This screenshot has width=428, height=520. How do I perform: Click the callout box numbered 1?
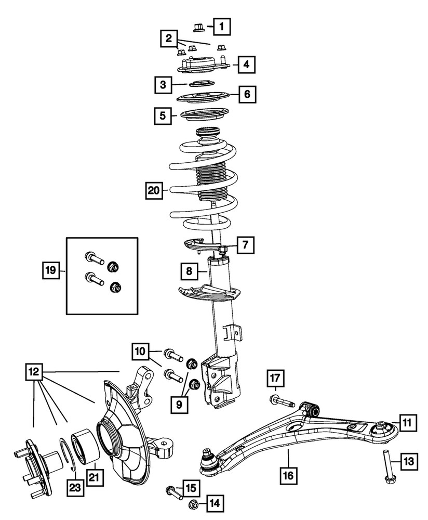222,24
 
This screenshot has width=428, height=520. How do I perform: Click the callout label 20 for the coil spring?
154,191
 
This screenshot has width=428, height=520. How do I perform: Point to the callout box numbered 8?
190,271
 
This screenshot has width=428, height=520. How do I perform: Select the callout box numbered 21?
95,476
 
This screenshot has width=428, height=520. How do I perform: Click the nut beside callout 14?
191,503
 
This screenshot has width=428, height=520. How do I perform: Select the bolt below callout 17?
282,402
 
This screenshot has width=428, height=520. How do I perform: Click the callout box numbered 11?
407,422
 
